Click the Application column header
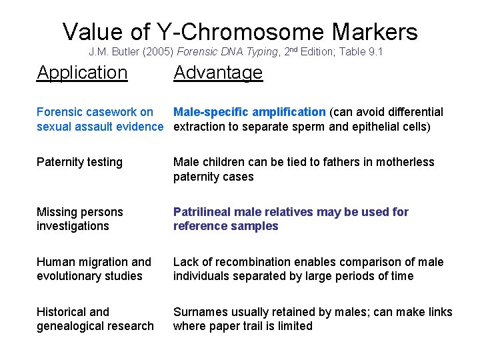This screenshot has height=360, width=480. tap(82, 72)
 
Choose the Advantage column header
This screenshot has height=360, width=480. tap(218, 72)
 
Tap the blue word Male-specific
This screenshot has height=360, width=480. tap(209, 112)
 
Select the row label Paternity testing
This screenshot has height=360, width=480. tap(79, 162)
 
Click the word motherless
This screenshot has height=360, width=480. tap(402, 162)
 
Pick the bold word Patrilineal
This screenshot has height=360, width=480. tap(200, 212)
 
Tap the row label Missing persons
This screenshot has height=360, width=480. tap(79, 212)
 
